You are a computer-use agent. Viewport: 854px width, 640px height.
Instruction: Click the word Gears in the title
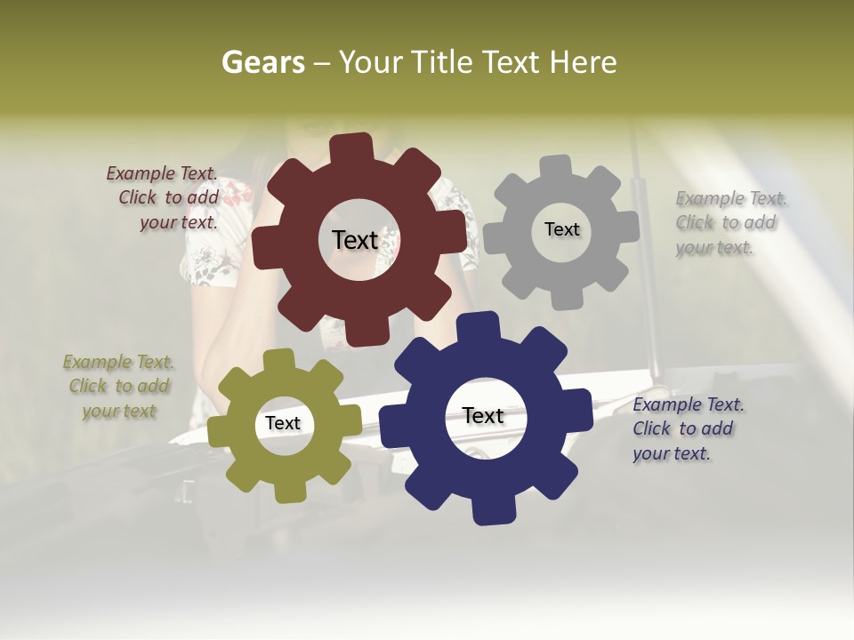point(262,62)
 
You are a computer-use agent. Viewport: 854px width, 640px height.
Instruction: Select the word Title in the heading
point(442,62)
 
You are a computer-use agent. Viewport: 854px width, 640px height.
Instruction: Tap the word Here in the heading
point(583,62)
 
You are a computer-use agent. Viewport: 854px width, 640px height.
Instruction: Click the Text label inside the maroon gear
point(355,240)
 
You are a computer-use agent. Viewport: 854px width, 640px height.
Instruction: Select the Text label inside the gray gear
point(561,229)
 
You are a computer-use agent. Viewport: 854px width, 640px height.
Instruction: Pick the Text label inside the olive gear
point(282,423)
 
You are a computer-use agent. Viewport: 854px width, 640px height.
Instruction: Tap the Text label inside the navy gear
point(483,415)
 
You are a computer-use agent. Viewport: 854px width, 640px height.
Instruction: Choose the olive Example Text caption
point(119,387)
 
